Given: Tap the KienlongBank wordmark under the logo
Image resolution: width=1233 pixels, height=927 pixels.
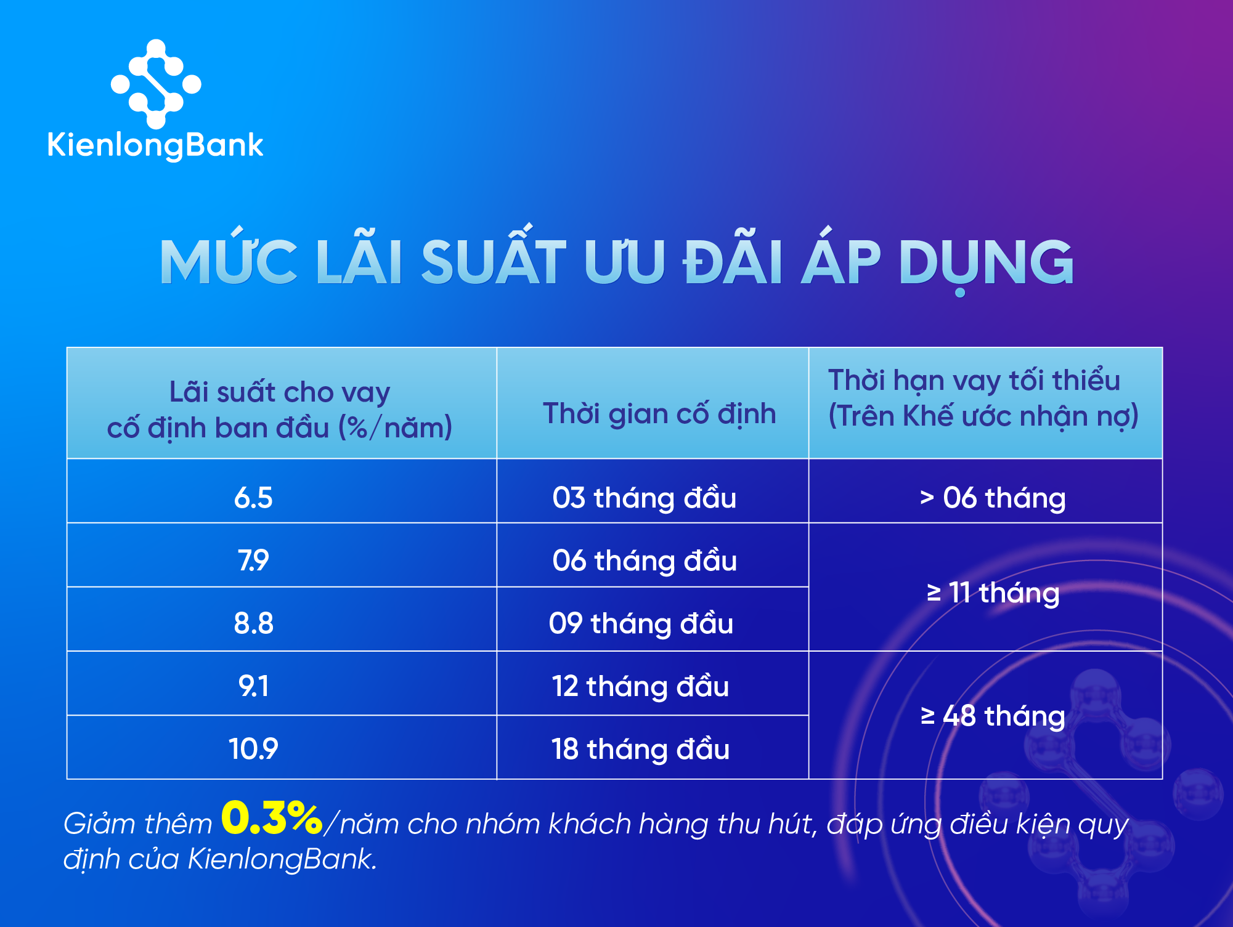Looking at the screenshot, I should (x=155, y=145).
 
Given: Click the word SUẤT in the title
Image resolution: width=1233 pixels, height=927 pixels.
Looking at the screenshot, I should (x=493, y=262).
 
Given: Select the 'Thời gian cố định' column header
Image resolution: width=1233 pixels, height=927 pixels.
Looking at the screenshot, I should (x=659, y=413).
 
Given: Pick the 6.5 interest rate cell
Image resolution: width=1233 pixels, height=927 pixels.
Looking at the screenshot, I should (x=253, y=498).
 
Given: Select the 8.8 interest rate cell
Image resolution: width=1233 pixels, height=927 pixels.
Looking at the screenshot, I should (x=253, y=623).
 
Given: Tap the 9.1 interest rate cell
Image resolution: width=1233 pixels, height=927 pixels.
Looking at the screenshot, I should (x=253, y=686).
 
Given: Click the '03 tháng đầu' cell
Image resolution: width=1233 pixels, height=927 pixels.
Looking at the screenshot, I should (x=644, y=498).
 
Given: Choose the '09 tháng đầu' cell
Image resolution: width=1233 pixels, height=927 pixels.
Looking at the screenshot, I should (x=641, y=623).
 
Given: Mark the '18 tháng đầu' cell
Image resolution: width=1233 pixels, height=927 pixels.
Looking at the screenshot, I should (x=640, y=749).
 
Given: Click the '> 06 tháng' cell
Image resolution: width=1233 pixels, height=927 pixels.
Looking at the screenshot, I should (x=992, y=498).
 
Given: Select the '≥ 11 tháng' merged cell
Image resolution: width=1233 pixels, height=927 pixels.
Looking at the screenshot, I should (x=993, y=593).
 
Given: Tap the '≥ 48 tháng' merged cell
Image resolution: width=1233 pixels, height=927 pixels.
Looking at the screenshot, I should (x=993, y=716).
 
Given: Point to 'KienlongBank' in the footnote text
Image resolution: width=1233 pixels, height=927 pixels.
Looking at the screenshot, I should (x=281, y=859).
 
